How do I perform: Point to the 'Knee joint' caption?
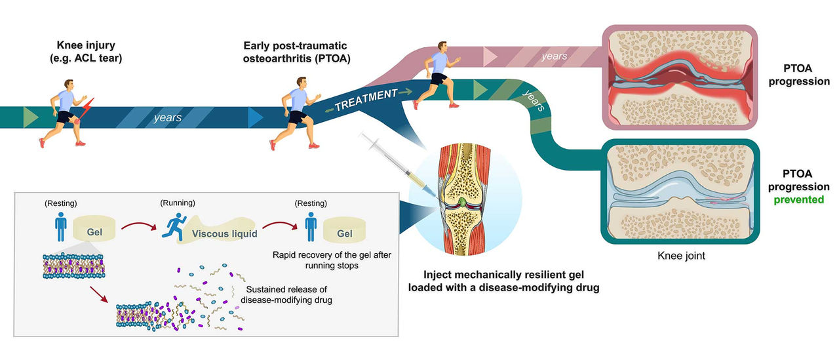point(682,256)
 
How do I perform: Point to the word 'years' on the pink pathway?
point(555,56)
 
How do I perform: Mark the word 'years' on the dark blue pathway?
point(168,118)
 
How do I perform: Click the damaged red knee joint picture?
point(679,77)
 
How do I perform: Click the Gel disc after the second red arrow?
point(344,233)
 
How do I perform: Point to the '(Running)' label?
point(178,203)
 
